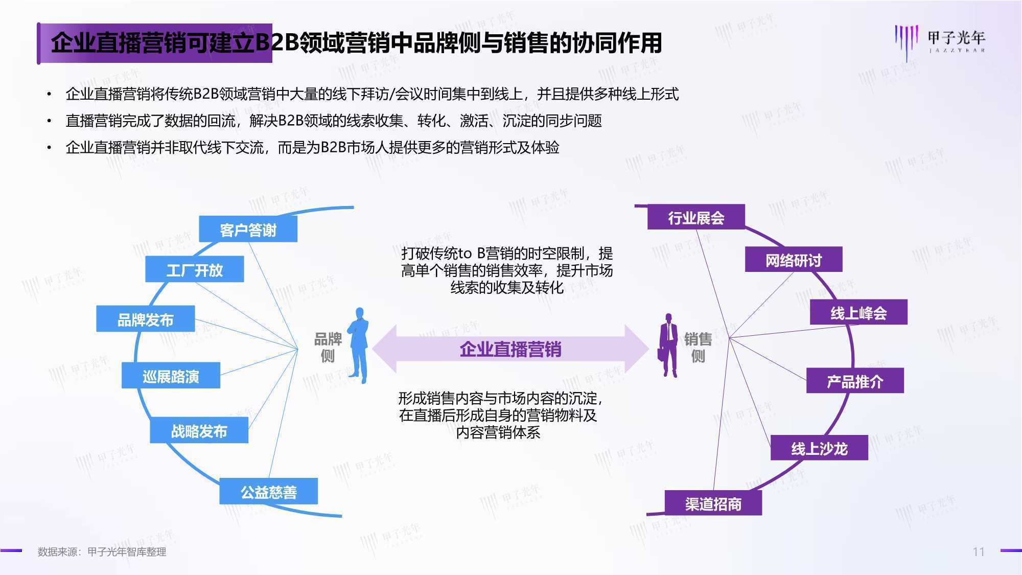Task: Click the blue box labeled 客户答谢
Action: coord(248,229)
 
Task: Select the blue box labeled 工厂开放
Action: coord(195,269)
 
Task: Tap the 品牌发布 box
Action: coord(146,319)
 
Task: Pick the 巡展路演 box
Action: coord(171,376)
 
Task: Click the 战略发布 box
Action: coord(199,430)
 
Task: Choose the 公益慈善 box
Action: coord(269,491)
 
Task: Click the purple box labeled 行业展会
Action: coord(696,217)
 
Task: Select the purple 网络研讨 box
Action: coord(794,260)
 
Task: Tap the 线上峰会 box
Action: coord(858,312)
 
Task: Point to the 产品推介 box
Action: coord(855,381)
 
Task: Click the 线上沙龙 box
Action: coord(819,448)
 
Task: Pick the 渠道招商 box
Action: coord(713,503)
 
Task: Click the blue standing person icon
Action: coord(359,346)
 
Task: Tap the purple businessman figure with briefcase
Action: coord(667,346)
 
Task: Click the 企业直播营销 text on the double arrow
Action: coord(510,349)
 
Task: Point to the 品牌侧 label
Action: coord(328,347)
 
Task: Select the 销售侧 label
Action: coord(698,347)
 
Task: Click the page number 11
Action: coord(979,551)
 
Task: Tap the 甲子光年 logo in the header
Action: coord(940,41)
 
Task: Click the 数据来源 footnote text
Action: coord(102,552)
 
